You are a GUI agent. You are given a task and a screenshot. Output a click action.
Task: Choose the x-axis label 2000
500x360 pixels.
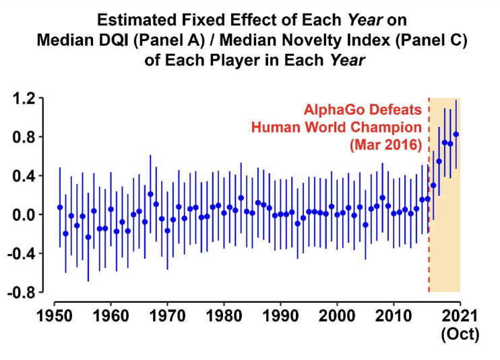[337, 316]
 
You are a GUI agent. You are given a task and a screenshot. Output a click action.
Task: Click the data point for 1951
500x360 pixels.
[60, 207]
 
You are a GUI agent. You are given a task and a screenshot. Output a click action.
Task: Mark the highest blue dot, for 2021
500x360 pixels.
[456, 134]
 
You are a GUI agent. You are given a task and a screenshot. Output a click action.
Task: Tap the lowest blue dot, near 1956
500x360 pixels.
[88, 237]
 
